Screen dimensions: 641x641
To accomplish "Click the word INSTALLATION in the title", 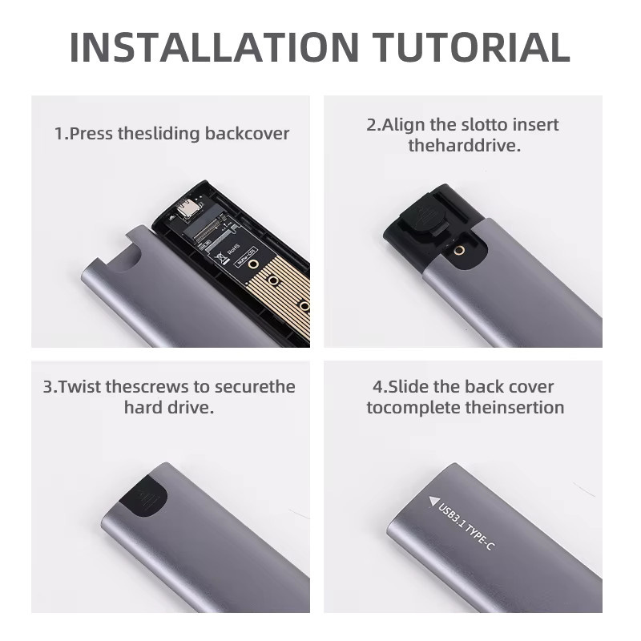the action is [x=214, y=46].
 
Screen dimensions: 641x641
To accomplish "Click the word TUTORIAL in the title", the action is [x=471, y=46].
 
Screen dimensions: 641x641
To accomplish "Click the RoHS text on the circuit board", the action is [x=234, y=249].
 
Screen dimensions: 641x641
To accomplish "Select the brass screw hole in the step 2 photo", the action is [x=460, y=250].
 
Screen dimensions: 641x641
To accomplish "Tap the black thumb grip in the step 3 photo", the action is [x=143, y=497].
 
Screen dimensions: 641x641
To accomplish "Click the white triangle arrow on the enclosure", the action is [x=433, y=501].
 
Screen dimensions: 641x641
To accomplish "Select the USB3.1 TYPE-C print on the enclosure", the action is [x=466, y=526].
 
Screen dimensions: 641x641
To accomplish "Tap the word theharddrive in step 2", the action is [x=465, y=146].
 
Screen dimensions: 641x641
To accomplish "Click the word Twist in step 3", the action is [x=79, y=387].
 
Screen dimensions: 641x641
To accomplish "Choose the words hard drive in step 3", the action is [x=169, y=408].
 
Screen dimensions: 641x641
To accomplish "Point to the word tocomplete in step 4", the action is [x=413, y=408].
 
